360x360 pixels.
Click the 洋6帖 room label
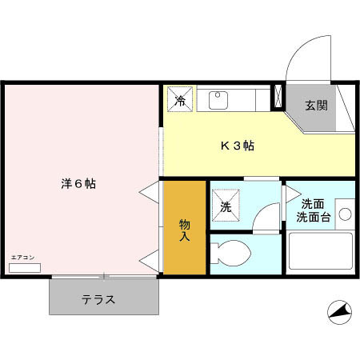click(78, 183)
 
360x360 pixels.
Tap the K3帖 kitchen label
click(238, 146)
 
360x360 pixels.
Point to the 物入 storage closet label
click(185, 230)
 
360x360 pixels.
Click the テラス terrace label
click(98, 300)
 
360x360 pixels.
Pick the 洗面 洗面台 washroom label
click(314, 210)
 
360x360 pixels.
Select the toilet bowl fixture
click(234, 254)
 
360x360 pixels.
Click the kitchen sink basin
click(218, 100)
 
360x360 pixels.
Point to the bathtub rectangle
click(320, 251)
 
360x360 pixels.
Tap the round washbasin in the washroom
click(345, 214)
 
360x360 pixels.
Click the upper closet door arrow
click(150, 193)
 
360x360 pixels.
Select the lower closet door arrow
click(150, 258)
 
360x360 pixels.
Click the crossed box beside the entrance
click(278, 97)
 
